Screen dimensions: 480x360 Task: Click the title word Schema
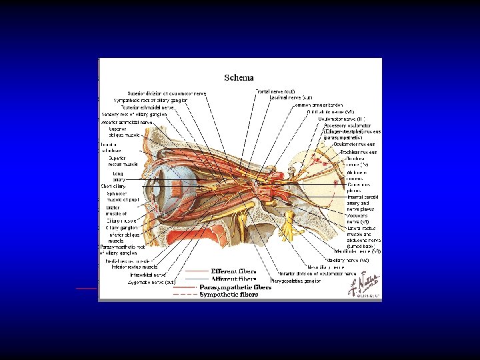238,78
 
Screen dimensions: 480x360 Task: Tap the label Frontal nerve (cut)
275,91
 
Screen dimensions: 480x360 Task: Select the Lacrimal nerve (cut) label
291,97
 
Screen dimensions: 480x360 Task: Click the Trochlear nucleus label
359,153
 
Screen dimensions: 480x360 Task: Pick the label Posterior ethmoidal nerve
148,107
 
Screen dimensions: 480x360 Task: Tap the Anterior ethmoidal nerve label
127,122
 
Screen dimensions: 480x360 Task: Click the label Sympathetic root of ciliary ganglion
151,100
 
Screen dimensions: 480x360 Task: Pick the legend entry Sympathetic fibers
229,294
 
